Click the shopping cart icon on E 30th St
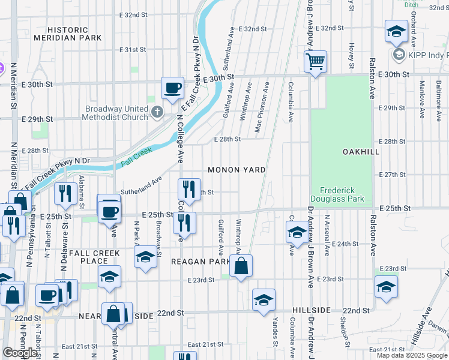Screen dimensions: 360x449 point(315,61)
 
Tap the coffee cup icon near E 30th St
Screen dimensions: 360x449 point(172,88)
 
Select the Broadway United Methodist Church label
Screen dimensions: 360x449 point(116,113)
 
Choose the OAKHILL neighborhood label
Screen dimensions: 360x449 point(361,152)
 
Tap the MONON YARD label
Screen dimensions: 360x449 point(237,170)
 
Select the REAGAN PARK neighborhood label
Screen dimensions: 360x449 point(200,262)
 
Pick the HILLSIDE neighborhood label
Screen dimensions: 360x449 point(312,310)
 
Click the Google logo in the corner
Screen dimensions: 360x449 point(20,352)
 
